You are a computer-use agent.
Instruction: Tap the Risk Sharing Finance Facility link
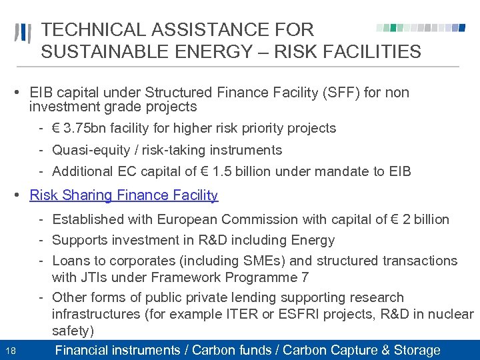124,195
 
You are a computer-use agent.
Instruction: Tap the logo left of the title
23,33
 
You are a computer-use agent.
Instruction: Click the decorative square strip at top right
421,28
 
